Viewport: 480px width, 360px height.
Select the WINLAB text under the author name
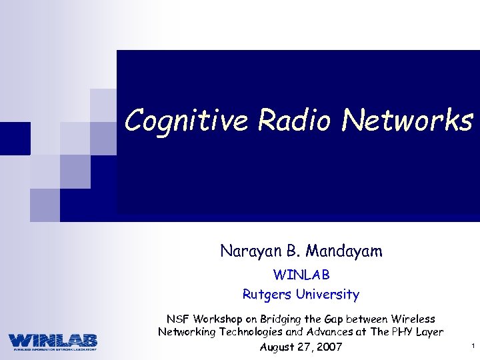point(301,274)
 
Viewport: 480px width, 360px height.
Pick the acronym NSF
point(177,319)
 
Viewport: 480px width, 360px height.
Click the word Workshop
point(218,319)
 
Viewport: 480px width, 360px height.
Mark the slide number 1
point(471,346)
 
